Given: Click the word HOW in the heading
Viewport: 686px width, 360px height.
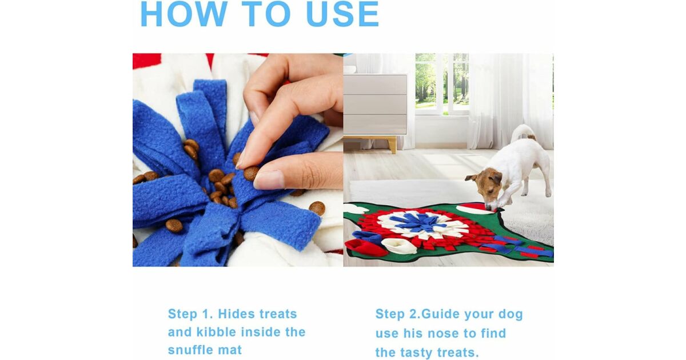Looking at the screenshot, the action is [184, 14].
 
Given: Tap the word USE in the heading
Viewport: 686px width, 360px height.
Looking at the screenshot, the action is [342, 14].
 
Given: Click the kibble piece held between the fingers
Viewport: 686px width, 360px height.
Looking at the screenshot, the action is [251, 174].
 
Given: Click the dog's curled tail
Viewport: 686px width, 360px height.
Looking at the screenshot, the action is [522, 131].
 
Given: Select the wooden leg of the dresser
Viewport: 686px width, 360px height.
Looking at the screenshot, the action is [392, 145].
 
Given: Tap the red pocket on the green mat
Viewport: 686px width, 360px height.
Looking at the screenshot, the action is [365, 247].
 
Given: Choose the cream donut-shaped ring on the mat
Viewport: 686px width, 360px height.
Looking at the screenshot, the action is [398, 245].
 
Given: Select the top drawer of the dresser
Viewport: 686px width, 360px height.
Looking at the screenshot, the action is [375, 85].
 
